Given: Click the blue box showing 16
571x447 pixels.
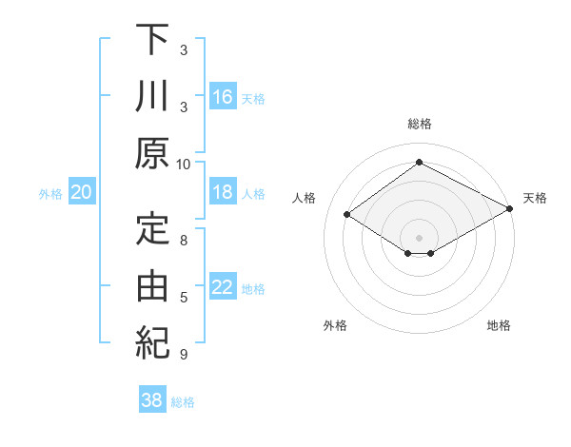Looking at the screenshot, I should pyautogui.click(x=223, y=96).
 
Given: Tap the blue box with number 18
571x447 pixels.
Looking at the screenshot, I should pyautogui.click(x=223, y=192).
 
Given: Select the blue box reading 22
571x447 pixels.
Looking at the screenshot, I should pyautogui.click(x=223, y=288).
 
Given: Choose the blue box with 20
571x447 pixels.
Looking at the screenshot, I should pyautogui.click(x=82, y=192).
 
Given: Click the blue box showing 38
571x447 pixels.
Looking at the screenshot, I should pyautogui.click(x=152, y=400).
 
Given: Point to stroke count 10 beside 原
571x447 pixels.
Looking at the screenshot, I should pyautogui.click(x=184, y=164).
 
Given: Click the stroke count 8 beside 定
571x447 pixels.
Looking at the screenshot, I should pyautogui.click(x=184, y=241).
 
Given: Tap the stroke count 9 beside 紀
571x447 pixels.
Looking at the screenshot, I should pyautogui.click(x=184, y=355).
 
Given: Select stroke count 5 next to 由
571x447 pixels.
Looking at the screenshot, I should pyautogui.click(x=184, y=298).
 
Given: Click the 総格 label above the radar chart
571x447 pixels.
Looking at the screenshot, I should pyautogui.click(x=419, y=124).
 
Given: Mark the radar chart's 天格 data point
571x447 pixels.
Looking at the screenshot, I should pyautogui.click(x=510, y=209).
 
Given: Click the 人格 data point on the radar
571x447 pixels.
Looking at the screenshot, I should pyautogui.click(x=347, y=215).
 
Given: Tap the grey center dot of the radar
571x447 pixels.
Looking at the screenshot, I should pyautogui.click(x=419, y=237).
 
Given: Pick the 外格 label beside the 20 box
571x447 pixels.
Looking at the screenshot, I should pyautogui.click(x=50, y=193).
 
